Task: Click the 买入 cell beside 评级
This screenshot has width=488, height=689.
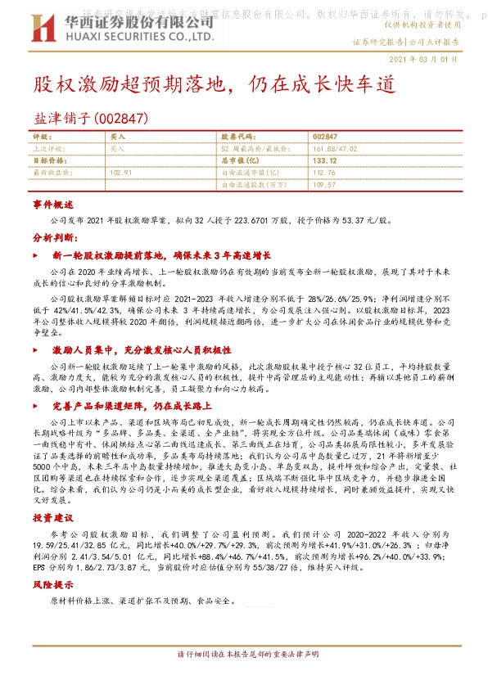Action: (x=117, y=137)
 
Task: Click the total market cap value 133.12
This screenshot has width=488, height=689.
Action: (x=325, y=160)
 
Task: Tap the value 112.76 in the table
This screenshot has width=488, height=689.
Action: (x=324, y=173)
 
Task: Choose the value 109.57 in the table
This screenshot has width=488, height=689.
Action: (x=324, y=185)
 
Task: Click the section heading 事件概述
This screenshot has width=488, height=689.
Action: (x=53, y=204)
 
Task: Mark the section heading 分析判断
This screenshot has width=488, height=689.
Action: (x=53, y=237)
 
